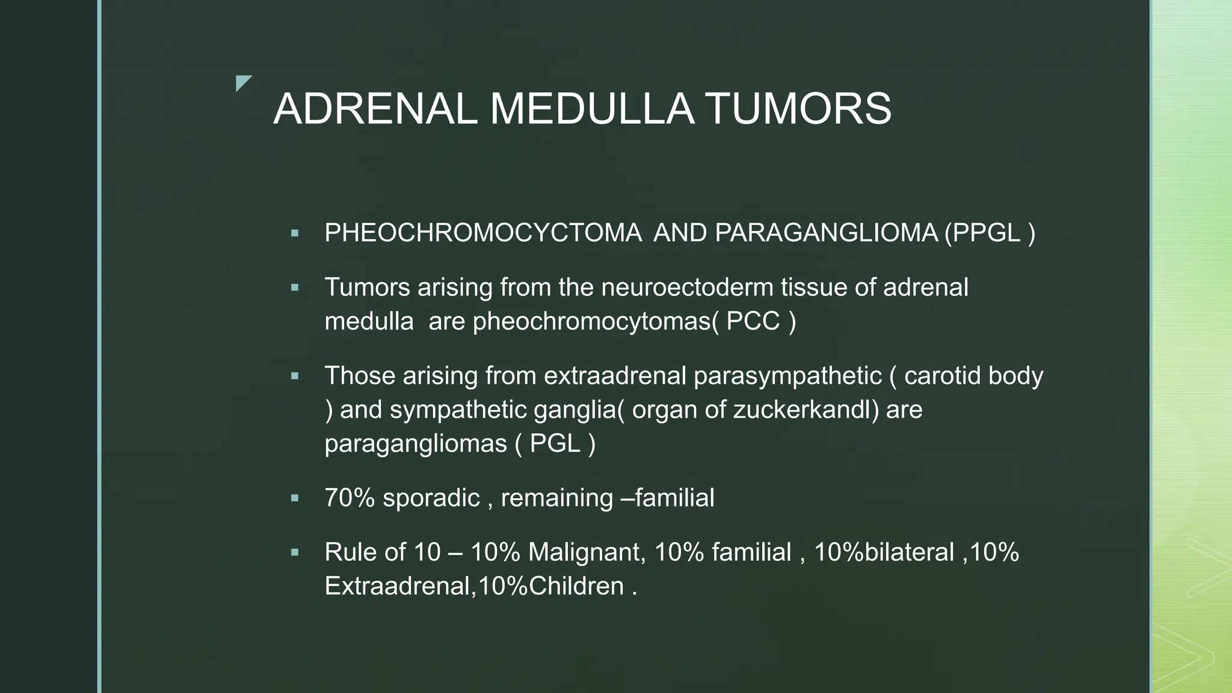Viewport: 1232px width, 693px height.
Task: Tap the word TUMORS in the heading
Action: tap(798, 109)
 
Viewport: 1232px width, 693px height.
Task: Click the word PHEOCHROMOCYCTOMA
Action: tap(482, 233)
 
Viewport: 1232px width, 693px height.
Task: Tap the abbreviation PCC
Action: tap(753, 321)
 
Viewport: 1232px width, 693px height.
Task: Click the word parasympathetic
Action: tap(787, 376)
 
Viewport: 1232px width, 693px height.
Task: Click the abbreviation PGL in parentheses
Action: tap(555, 444)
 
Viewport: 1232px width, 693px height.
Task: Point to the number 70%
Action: tap(350, 498)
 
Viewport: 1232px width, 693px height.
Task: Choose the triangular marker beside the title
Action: tap(242, 82)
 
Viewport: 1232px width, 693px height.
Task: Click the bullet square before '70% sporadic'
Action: tap(295, 498)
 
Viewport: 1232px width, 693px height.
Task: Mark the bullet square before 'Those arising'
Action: tap(295, 376)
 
